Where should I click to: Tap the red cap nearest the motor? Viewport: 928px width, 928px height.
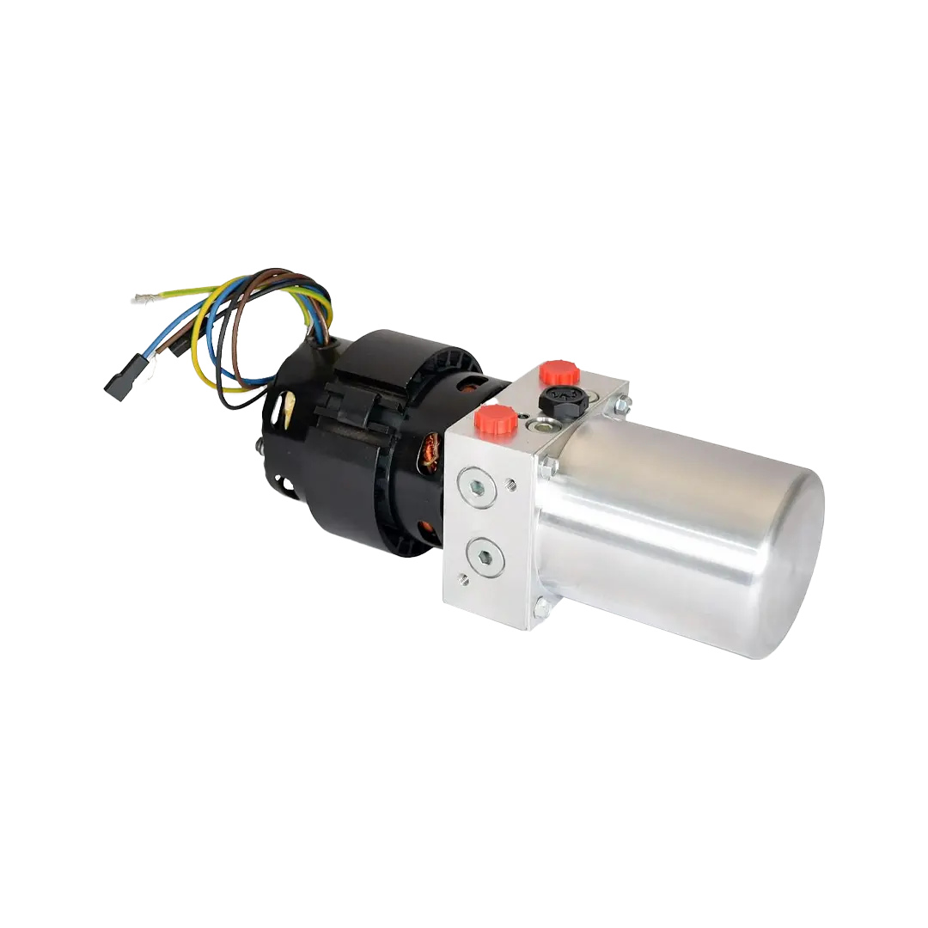pyautogui.click(x=497, y=420)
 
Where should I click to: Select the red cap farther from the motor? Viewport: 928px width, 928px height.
pyautogui.click(x=559, y=372)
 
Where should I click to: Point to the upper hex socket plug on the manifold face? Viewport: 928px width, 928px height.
pyautogui.click(x=476, y=487)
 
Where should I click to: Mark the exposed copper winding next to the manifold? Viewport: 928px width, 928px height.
pyautogui.click(x=429, y=453)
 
